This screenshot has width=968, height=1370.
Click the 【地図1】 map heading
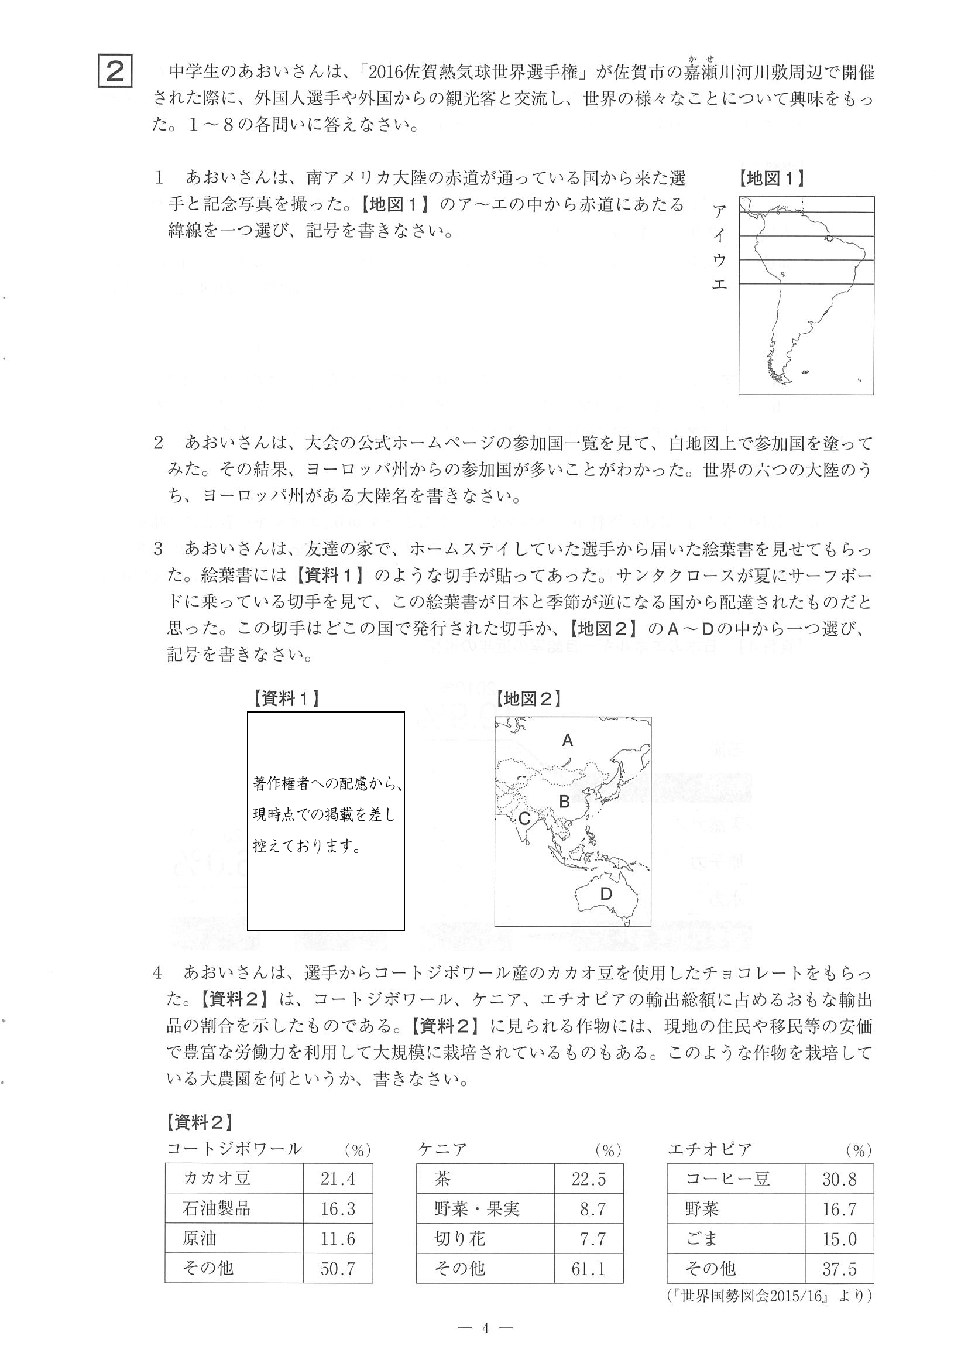(771, 179)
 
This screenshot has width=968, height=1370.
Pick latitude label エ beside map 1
(720, 284)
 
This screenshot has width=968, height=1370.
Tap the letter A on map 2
(567, 741)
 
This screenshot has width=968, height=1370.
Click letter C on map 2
(524, 818)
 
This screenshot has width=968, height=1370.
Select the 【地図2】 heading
(528, 698)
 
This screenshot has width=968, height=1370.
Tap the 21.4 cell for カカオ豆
(338, 1179)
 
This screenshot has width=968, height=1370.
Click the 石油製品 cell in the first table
(217, 1208)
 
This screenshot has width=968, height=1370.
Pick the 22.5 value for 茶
(588, 1179)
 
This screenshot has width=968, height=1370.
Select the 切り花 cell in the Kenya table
(460, 1239)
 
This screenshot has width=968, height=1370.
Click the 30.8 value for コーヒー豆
(839, 1179)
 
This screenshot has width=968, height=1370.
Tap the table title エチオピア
(710, 1149)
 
